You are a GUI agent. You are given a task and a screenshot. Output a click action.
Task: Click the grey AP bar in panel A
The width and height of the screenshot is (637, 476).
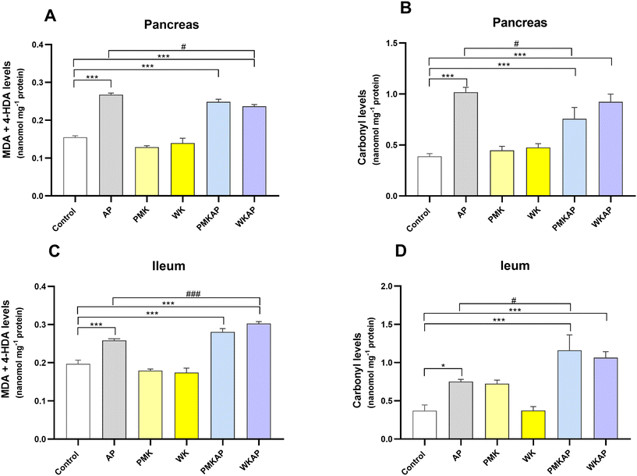111,145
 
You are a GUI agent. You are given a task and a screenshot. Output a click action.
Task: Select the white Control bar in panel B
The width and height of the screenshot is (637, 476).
430,176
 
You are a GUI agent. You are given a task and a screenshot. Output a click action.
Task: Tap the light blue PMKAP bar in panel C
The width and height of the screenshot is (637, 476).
223,385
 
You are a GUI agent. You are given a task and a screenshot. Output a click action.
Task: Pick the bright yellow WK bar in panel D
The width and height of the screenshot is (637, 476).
533,424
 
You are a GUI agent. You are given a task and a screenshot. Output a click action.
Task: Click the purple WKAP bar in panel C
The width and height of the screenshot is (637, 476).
259,382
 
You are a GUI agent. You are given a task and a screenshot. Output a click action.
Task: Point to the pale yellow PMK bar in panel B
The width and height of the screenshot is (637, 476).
502,173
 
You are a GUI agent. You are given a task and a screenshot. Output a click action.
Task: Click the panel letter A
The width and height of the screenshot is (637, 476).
50,16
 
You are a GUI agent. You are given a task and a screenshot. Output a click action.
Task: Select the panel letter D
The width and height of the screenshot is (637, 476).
401,250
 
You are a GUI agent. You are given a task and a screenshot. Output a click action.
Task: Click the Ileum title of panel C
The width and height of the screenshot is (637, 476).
168,266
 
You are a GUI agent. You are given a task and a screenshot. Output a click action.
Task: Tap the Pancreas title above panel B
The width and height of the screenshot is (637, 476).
519,23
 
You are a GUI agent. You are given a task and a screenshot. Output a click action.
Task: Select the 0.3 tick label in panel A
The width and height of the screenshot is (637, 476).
38,83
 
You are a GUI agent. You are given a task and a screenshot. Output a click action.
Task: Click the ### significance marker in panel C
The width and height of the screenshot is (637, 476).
193,294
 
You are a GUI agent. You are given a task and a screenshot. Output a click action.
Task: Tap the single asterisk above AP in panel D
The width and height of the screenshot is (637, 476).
443,366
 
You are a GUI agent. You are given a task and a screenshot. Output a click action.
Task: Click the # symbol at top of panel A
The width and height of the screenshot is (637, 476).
184,47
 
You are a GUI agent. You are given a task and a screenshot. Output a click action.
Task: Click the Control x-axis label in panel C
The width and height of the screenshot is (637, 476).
66,462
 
